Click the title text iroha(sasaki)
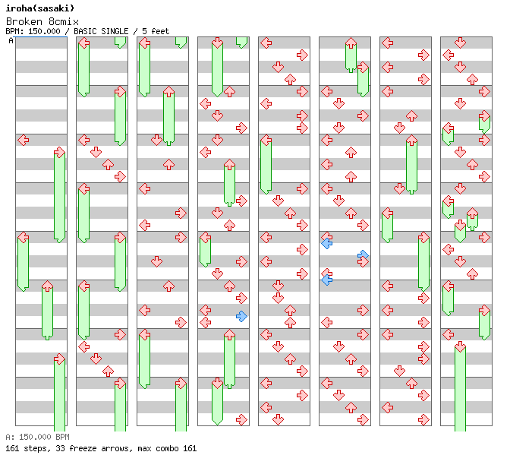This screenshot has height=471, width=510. [39, 8]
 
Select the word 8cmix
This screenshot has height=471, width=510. [55, 21]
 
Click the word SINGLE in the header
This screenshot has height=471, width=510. [118, 31]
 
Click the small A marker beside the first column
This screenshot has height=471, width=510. [11, 40]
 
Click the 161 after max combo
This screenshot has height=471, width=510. [190, 448]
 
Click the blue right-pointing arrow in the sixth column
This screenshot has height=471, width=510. [363, 255]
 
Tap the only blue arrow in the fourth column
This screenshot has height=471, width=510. [241, 316]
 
